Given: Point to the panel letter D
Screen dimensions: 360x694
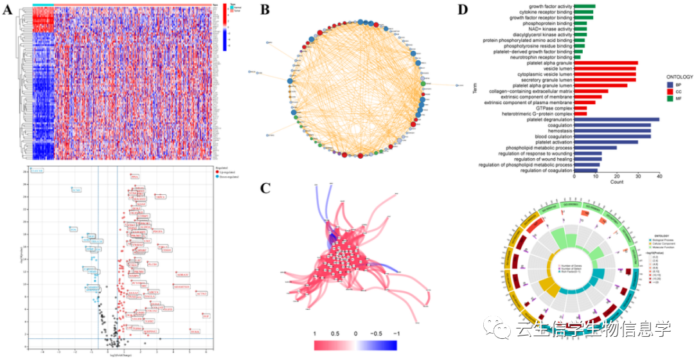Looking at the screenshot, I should click(x=460, y=10).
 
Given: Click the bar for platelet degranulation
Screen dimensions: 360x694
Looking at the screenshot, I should click(x=616, y=120).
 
